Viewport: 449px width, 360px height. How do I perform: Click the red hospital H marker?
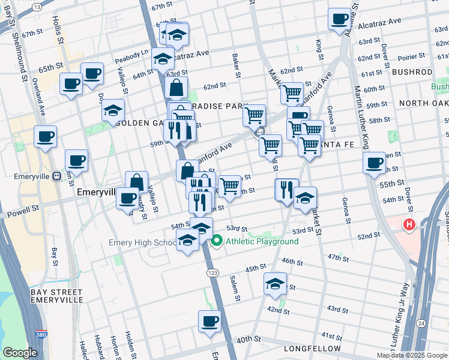click(409, 226)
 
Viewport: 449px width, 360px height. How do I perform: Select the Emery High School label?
click(142, 243)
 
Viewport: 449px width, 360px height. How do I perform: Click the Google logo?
click(20, 353)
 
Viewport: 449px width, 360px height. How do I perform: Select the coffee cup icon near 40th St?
click(209, 322)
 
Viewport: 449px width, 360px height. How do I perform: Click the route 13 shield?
click(37, 6)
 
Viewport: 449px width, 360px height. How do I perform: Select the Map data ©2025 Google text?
click(411, 355)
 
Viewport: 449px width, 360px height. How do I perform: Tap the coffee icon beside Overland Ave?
click(46, 137)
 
